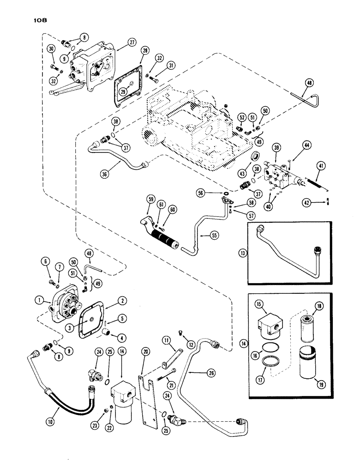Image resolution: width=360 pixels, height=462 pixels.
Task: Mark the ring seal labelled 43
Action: point(255,158)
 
